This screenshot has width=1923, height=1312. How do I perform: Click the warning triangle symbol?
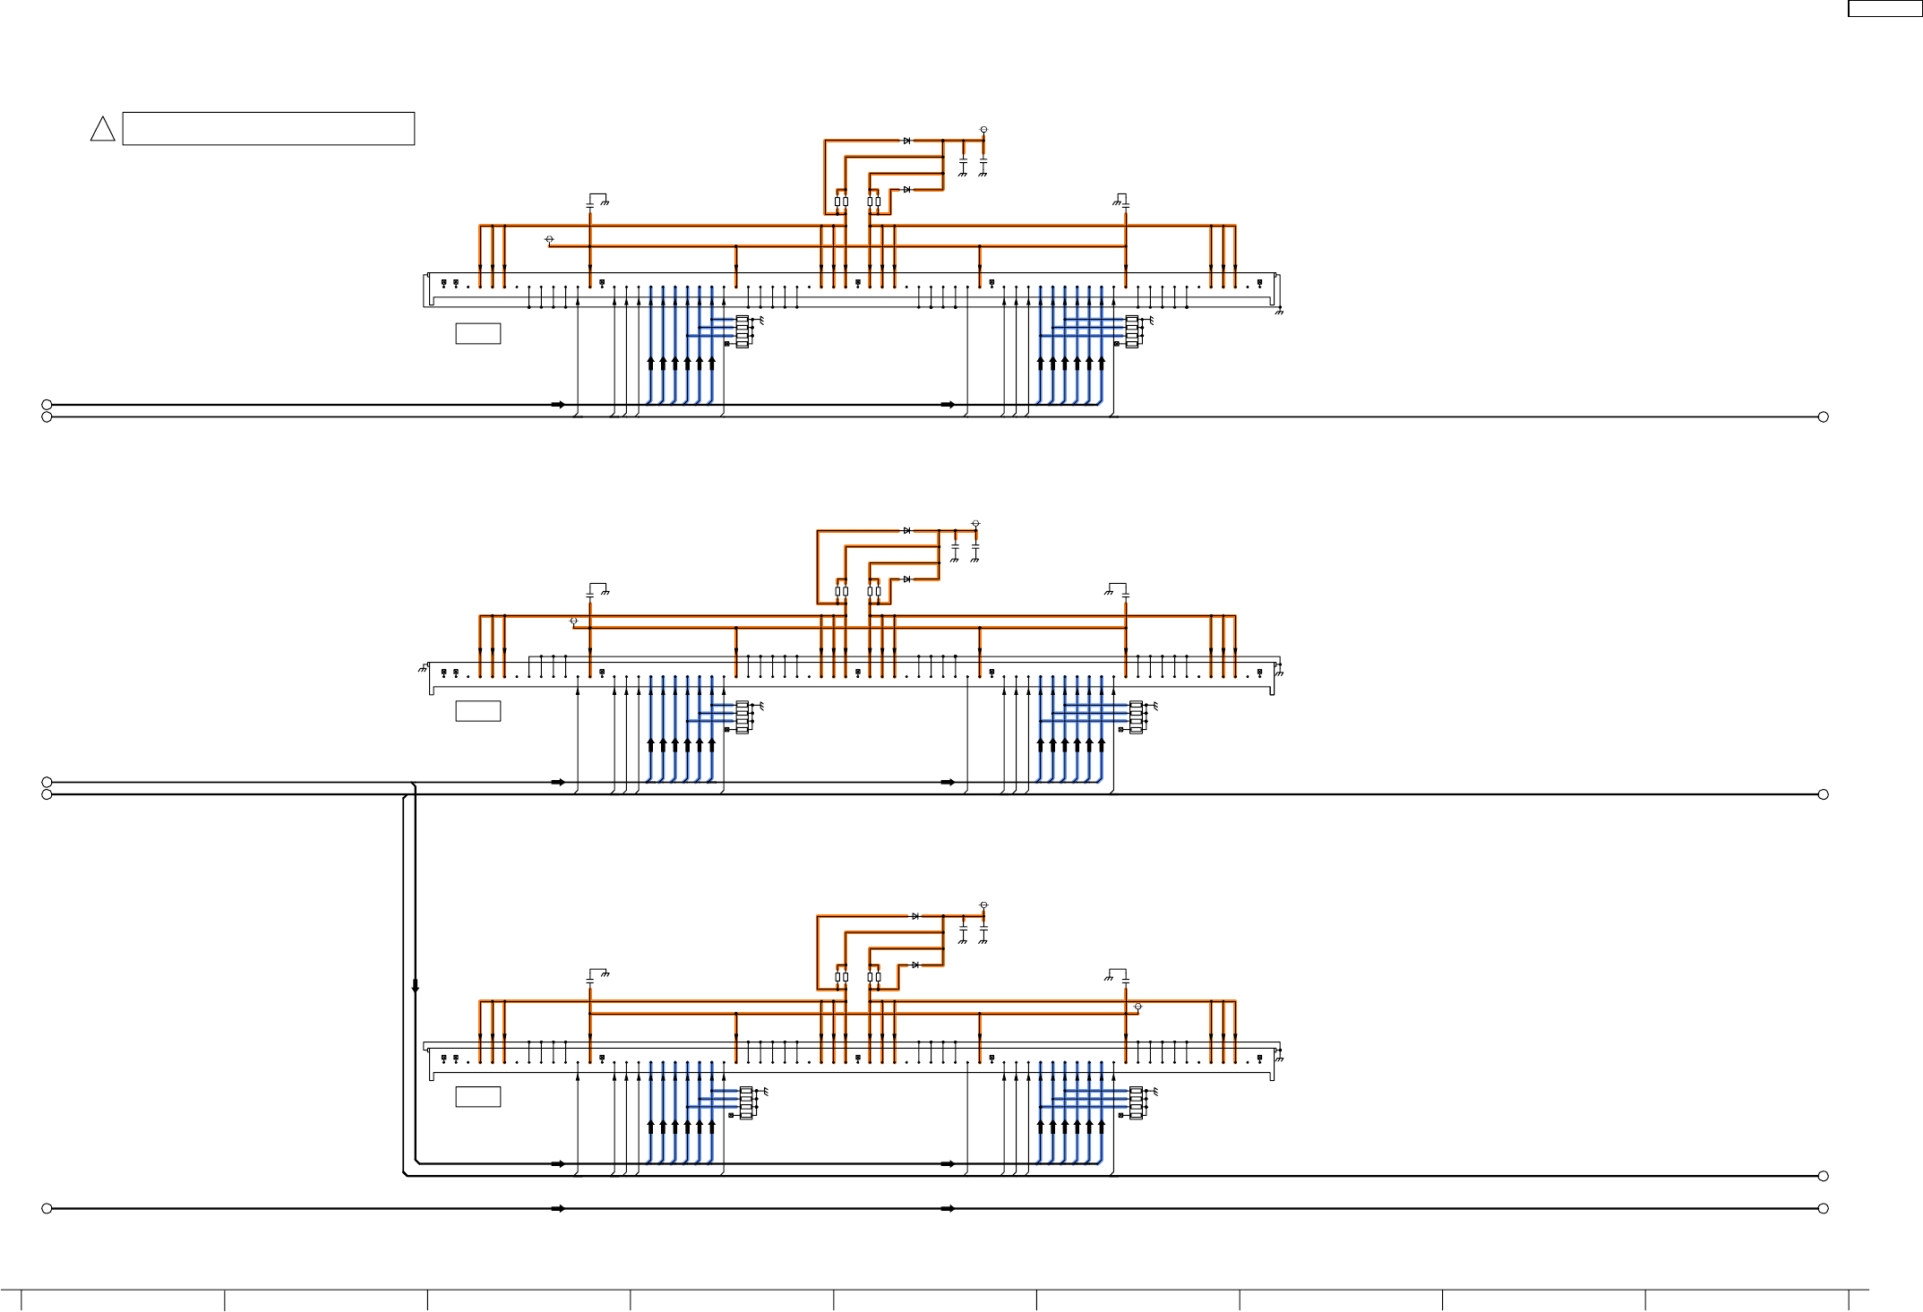point(102,131)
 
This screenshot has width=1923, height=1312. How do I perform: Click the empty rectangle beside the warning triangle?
point(268,128)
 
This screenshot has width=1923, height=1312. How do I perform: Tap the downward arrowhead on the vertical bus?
point(415,986)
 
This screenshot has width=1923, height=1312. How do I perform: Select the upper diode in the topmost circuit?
point(907,141)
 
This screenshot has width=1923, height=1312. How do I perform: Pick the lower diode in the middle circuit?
point(907,579)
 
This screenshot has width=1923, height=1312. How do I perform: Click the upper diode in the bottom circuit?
point(915,916)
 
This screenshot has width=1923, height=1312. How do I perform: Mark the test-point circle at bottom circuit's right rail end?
point(1138,1007)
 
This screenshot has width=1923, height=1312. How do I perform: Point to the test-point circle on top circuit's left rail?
point(549,239)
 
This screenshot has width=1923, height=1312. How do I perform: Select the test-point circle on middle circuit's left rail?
point(573,621)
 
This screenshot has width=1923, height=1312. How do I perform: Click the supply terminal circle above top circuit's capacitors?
point(983,130)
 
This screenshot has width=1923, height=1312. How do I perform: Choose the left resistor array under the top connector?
point(742,331)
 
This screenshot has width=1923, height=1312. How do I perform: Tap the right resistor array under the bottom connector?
point(1136,1102)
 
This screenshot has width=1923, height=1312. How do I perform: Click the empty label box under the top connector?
point(477,333)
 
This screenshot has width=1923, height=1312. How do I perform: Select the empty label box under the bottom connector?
point(477,1096)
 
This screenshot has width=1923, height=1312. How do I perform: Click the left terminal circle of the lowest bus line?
point(47,1208)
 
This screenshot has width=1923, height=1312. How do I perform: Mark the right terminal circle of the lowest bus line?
point(1823,1208)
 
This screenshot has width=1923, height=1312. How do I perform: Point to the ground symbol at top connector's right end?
point(1279,312)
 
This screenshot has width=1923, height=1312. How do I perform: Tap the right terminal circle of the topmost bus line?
point(1823,416)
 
